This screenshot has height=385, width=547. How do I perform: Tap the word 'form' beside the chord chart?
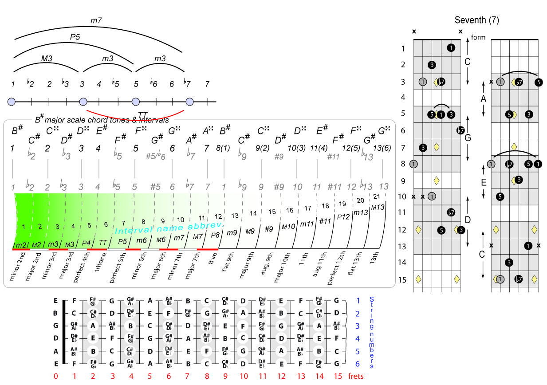[478, 38]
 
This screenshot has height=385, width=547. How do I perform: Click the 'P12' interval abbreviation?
[343, 216]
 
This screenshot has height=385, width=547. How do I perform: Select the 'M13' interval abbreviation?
[378, 207]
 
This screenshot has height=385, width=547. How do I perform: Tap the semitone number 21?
[377, 196]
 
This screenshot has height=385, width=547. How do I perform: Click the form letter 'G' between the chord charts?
[468, 137]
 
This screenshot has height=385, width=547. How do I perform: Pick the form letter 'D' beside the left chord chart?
[468, 220]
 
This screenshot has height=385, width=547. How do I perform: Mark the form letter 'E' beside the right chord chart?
[484, 182]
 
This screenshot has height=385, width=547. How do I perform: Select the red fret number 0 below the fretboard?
[56, 376]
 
